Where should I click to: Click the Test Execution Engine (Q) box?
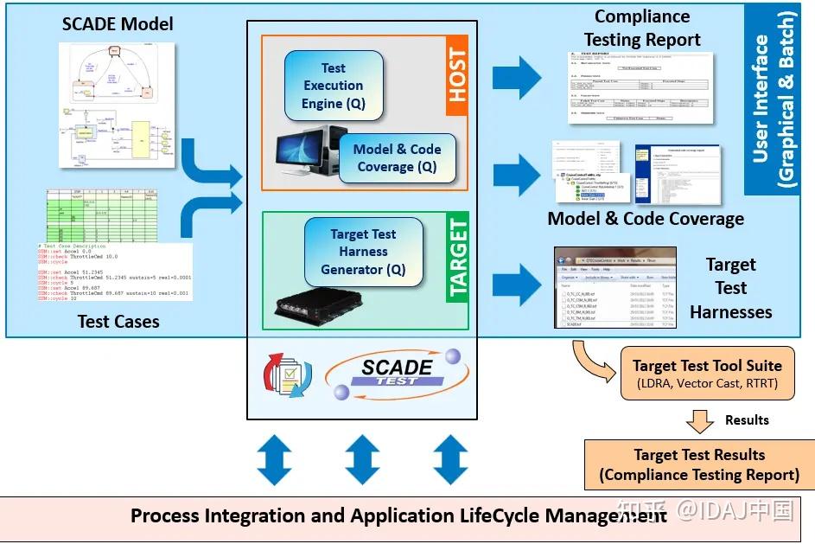(x=334, y=86)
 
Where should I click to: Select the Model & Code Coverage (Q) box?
(x=397, y=157)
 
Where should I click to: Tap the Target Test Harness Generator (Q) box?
(x=364, y=252)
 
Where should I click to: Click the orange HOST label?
(x=456, y=76)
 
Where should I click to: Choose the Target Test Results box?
(x=699, y=464)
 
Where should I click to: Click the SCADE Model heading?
(x=118, y=23)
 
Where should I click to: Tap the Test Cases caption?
(x=118, y=321)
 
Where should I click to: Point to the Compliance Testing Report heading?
(x=642, y=28)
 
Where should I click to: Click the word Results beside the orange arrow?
(x=747, y=419)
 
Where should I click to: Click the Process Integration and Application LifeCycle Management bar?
(x=398, y=516)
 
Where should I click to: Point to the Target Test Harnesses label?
(x=730, y=288)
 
